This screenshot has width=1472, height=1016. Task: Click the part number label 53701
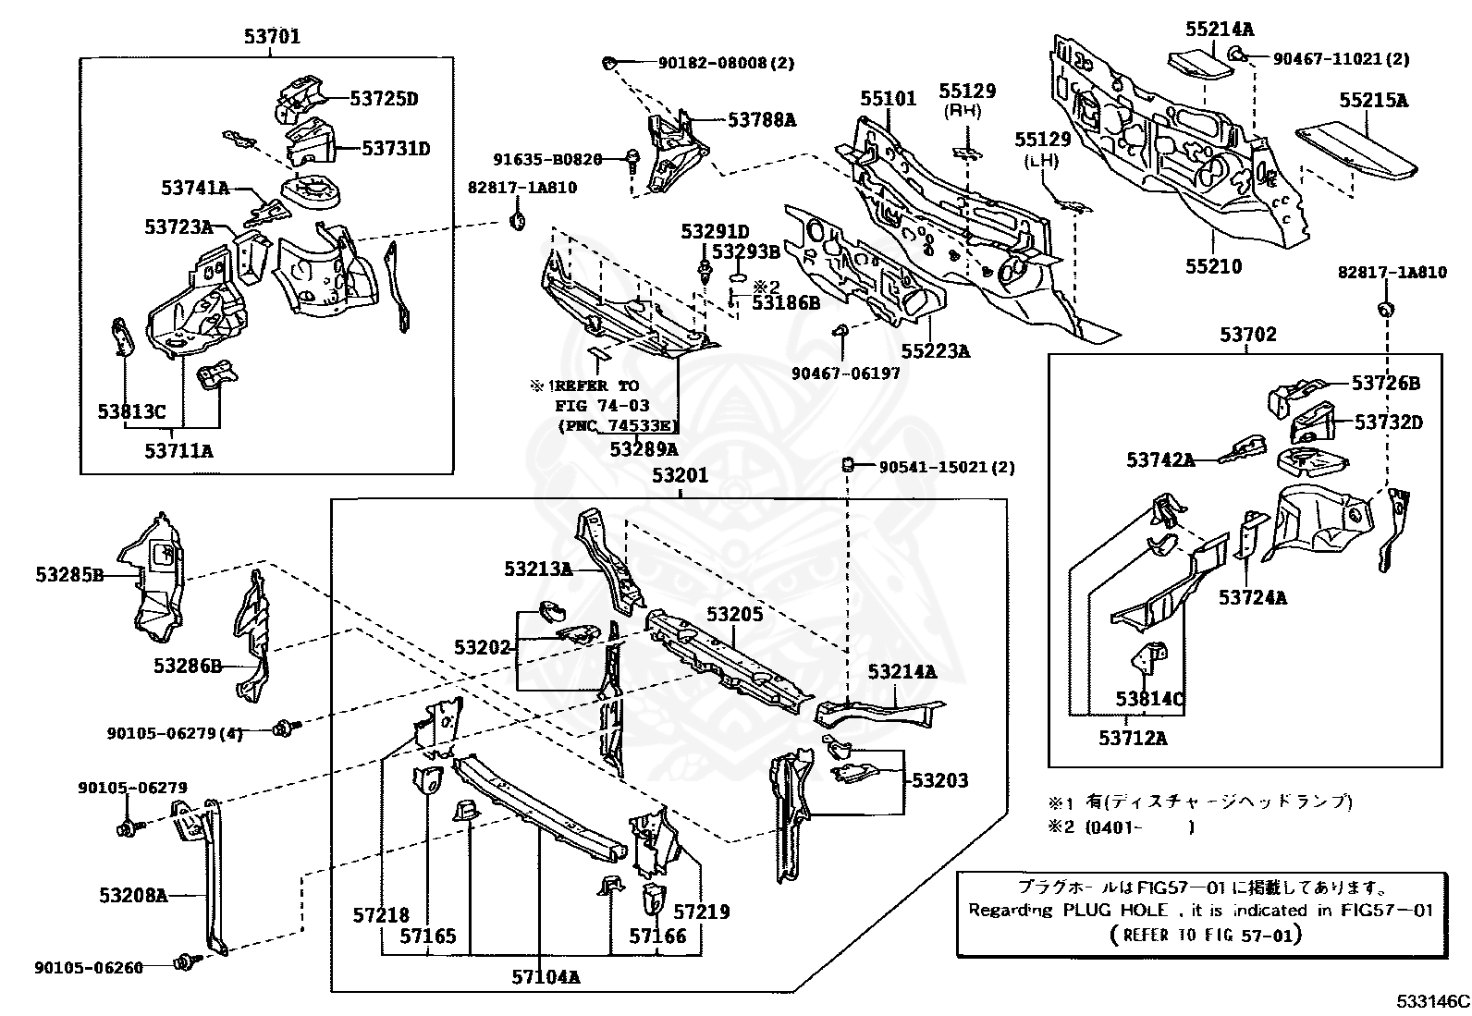[272, 38]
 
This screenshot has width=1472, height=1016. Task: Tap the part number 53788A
[762, 119]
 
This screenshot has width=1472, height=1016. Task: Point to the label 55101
[888, 98]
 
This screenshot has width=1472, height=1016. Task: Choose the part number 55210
[1214, 266]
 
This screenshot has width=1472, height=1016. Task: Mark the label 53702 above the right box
[1247, 334]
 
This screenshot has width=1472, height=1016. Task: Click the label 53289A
[644, 449]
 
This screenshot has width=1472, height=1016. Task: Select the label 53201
[680, 476]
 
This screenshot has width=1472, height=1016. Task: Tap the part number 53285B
[69, 575]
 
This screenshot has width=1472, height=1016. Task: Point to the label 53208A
[134, 895]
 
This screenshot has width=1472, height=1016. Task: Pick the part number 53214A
[902, 671]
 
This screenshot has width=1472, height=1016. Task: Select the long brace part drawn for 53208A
[212, 878]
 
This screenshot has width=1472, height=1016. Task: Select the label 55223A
[936, 351]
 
